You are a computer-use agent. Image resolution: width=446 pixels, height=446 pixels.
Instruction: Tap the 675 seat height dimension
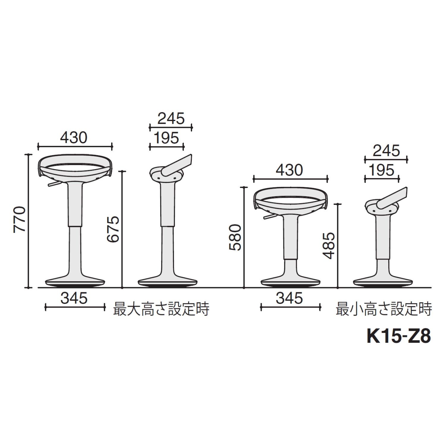click(x=113, y=229)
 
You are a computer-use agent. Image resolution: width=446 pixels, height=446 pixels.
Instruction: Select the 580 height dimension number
click(x=237, y=238)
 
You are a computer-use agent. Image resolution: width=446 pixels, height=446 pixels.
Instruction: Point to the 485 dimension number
click(x=330, y=246)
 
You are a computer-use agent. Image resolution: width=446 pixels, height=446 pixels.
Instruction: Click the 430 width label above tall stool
click(x=74, y=137)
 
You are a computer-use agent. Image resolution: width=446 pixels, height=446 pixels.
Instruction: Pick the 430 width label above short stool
click(x=289, y=170)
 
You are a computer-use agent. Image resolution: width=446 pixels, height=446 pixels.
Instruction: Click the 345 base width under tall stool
click(x=74, y=298)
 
